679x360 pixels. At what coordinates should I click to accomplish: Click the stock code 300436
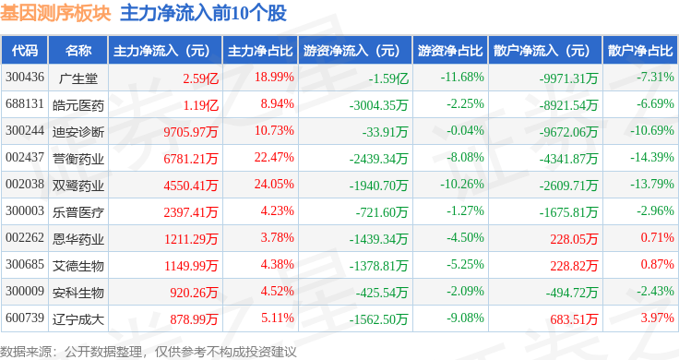point(25,78)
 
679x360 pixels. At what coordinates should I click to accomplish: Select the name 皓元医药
point(78,105)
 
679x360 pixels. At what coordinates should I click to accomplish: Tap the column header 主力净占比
point(260,51)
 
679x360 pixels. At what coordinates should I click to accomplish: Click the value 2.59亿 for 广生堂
point(200,78)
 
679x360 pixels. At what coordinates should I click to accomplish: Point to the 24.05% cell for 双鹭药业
point(274,184)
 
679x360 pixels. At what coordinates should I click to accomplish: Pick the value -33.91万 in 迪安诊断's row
point(385,132)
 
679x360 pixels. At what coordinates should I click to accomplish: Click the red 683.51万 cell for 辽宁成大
point(574,319)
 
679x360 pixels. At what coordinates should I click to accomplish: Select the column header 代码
point(25,51)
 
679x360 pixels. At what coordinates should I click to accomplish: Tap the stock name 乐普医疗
point(78,212)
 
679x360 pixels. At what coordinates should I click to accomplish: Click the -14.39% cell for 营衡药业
point(651,157)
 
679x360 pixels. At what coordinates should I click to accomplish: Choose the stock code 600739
point(25,318)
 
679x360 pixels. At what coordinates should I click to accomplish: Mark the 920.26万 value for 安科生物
point(194,293)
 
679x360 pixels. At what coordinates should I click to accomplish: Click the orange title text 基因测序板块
point(55,14)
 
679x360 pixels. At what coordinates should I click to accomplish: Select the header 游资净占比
point(450,51)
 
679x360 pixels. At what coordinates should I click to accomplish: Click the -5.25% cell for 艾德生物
point(465,264)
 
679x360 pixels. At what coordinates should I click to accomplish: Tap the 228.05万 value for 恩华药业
point(574,239)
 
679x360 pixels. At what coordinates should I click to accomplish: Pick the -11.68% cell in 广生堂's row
point(462,78)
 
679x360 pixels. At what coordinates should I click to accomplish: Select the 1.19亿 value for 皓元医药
point(200,105)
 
